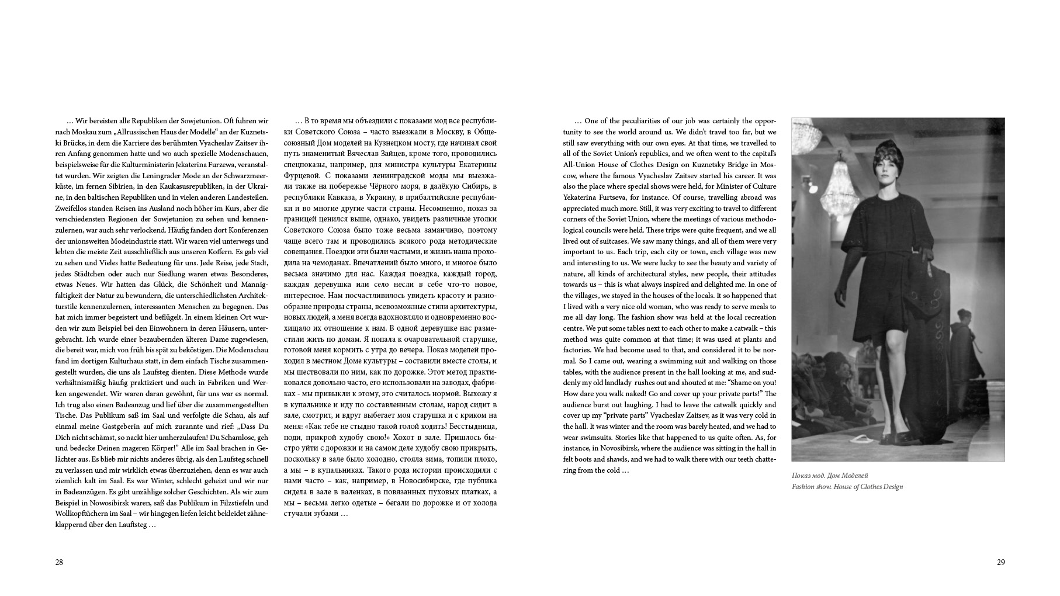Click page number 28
59,562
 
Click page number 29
1000,562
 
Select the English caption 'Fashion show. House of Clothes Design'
847,487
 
